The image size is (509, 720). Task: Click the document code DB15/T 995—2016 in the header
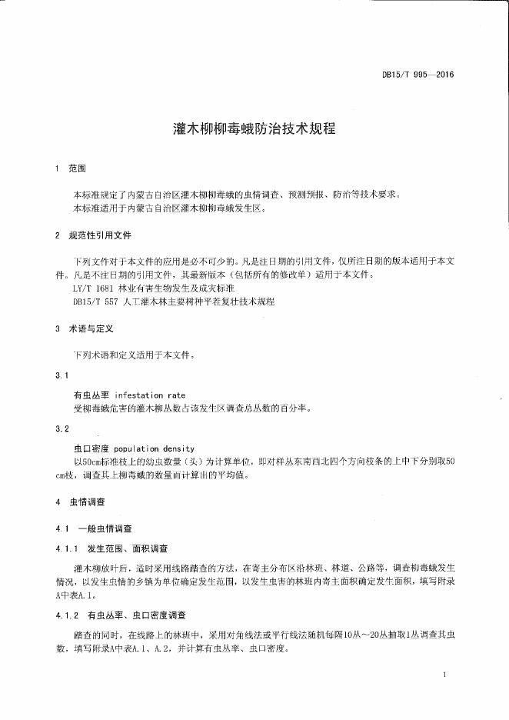(x=418, y=75)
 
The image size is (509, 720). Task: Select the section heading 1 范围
(x=73, y=168)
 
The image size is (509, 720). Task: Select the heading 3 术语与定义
(x=84, y=328)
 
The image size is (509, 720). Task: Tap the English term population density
(x=154, y=448)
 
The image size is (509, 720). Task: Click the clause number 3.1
(x=62, y=375)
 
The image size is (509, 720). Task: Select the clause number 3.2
(x=62, y=428)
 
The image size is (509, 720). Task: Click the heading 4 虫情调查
(x=83, y=502)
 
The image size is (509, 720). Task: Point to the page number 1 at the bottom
(x=445, y=674)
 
